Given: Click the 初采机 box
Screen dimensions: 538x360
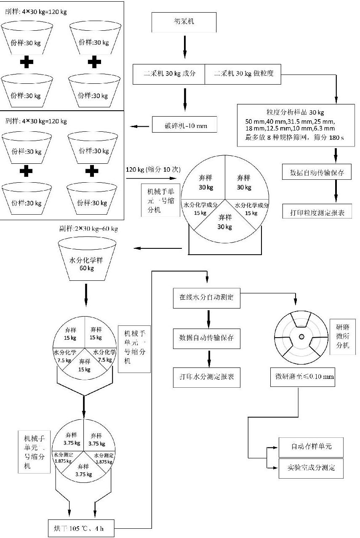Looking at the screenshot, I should [x=184, y=23].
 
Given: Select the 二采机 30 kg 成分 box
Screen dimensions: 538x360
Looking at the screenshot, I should [x=169, y=75].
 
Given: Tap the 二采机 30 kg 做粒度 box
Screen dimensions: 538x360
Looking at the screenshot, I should [x=243, y=75].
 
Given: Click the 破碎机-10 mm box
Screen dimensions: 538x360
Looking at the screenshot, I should [x=185, y=125].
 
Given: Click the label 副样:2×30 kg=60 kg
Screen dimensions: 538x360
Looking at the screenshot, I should [x=88, y=229].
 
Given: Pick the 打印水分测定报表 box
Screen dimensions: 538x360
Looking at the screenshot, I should [x=207, y=377].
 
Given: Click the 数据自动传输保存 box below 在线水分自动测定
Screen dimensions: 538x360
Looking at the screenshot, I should [x=207, y=338].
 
